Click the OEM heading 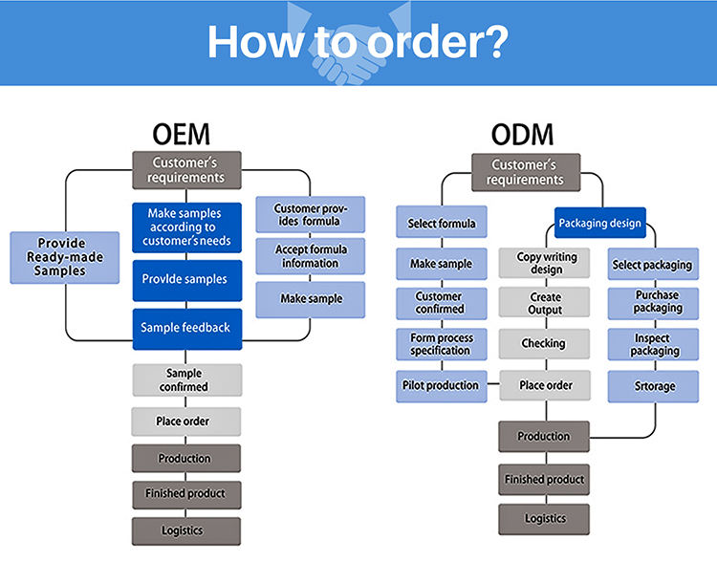[181, 134]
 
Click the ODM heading [523, 134]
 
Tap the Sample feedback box [186, 328]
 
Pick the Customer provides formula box [310, 215]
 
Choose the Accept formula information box [310, 256]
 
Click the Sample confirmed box [186, 379]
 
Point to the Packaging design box [600, 224]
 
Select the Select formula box [442, 224]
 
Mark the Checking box [543, 343]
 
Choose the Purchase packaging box [659, 303]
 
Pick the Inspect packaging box [659, 344]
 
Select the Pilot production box [442, 385]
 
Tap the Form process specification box [442, 344]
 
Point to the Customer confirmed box [442, 303]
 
